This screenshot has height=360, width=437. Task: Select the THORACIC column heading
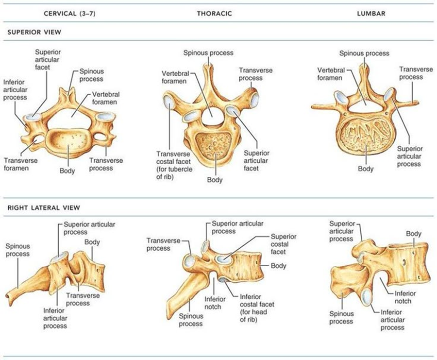tap(214, 14)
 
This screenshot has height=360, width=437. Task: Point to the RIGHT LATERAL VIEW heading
tap(44, 207)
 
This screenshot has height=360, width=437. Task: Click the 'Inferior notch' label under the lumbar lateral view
tap(405, 297)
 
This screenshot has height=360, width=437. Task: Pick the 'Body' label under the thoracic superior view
tap(215, 180)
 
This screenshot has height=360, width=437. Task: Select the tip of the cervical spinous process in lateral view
tap(9, 296)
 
